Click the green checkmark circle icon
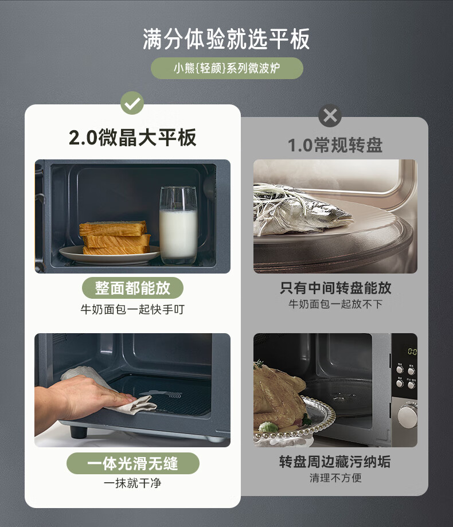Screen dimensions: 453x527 (x=132, y=103)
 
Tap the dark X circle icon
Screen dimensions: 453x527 (x=330, y=116)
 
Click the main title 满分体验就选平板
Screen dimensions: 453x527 (x=226, y=40)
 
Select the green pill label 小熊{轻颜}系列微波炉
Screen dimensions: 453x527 (x=227, y=68)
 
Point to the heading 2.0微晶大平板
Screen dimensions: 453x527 (x=132, y=138)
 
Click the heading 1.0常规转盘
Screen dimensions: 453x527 (x=335, y=146)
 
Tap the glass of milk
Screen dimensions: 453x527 (x=178, y=225)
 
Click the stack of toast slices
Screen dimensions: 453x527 (x=115, y=237)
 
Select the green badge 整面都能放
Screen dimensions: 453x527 (x=132, y=288)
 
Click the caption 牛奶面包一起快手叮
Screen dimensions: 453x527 (x=132, y=309)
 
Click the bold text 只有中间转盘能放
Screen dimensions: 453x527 (x=335, y=288)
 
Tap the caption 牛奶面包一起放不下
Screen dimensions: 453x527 (x=335, y=304)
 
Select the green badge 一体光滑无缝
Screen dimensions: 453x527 (x=132, y=463)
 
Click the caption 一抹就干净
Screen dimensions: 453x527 (x=132, y=483)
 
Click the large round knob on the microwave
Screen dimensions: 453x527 (x=407, y=415)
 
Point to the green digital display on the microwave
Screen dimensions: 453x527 (x=412, y=352)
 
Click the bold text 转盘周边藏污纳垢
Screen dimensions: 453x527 (x=335, y=462)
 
